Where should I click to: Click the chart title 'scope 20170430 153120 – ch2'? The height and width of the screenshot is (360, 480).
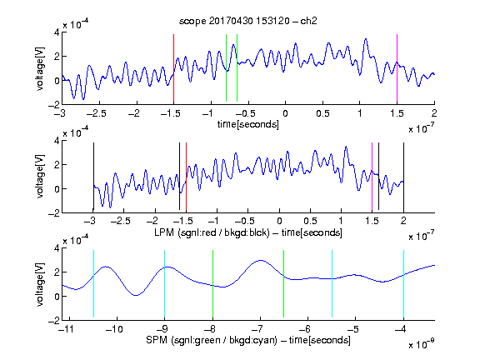248,21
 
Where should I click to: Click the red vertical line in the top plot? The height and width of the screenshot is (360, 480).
173,68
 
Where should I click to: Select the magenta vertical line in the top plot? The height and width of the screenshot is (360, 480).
397,68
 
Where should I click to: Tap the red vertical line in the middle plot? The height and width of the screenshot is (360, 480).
186,177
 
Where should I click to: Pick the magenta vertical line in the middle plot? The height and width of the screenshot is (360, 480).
372,177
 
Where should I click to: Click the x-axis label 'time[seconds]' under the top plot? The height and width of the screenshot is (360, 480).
248,124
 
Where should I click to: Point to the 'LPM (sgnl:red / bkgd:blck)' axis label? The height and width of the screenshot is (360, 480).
212,232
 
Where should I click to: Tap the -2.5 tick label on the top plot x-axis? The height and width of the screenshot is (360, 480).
96,113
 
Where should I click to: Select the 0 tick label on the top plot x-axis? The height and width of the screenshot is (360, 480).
285,113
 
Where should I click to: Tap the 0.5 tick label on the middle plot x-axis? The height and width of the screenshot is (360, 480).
310,221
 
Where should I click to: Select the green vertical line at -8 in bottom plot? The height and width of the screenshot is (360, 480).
212,284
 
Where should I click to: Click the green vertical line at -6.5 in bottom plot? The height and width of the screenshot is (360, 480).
284,284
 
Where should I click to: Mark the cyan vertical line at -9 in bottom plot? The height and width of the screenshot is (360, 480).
165,284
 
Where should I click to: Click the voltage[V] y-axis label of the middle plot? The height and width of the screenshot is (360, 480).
40,177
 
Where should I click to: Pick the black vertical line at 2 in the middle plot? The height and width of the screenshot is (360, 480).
404,177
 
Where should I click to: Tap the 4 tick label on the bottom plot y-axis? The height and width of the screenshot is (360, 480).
57,247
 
